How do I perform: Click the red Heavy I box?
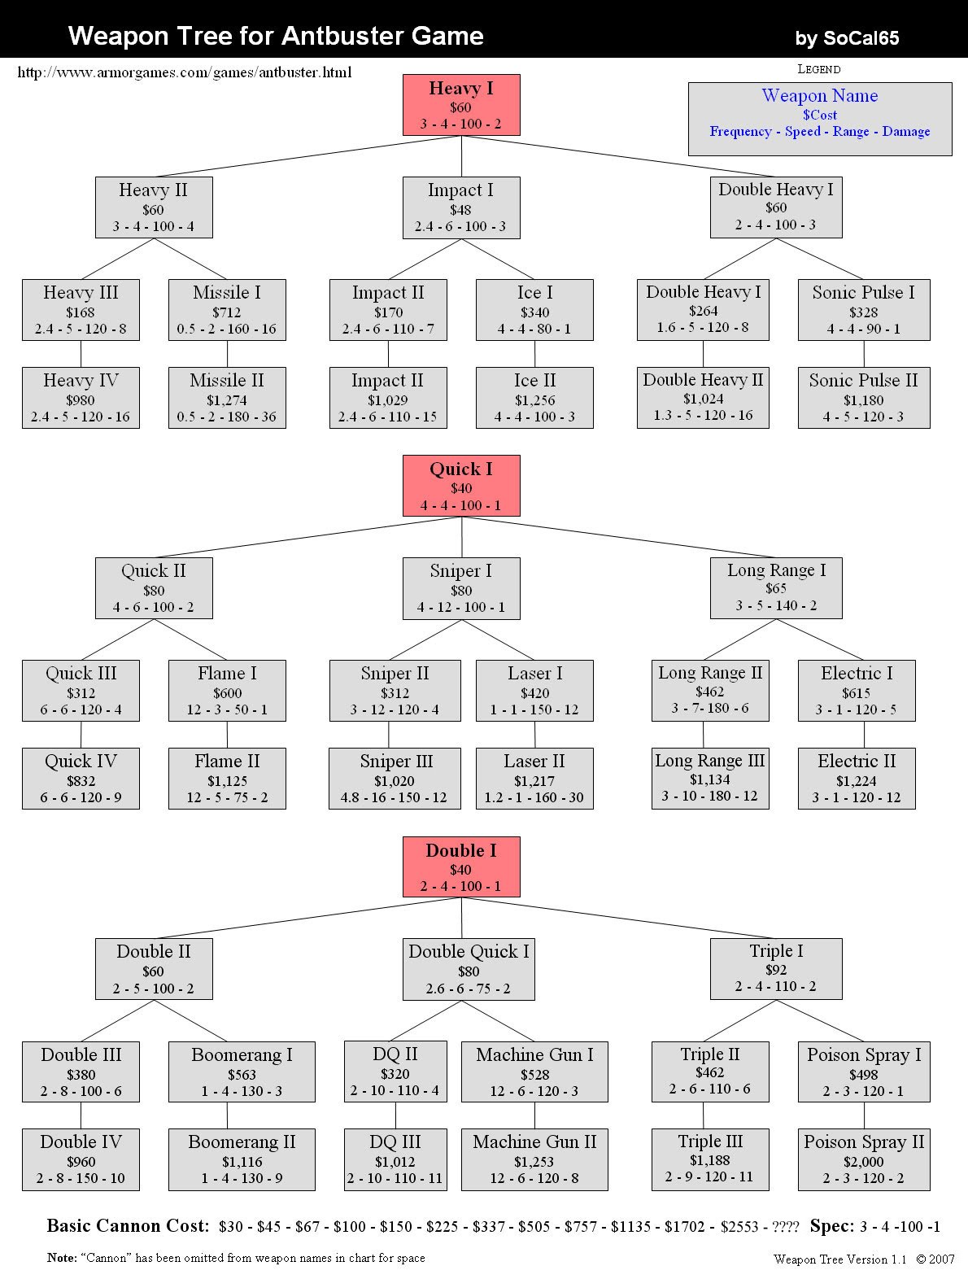461,105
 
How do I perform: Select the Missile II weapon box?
227,397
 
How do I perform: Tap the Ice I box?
534,309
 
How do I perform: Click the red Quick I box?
461,486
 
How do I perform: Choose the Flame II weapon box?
227,779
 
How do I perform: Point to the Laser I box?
534,691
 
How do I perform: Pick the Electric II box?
857,779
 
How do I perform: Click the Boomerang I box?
242,1072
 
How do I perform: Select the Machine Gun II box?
534,1159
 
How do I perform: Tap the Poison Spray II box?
864,1159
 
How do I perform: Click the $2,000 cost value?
864,1161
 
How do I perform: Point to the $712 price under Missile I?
227,312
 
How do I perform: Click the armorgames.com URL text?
185,72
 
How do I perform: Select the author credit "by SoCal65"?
847,38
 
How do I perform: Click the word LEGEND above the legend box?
819,69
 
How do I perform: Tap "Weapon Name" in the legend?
820,95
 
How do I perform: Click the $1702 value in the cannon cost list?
685,1227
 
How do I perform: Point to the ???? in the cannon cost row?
785,1227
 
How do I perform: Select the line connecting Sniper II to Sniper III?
389,735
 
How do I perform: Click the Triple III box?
711,1159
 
